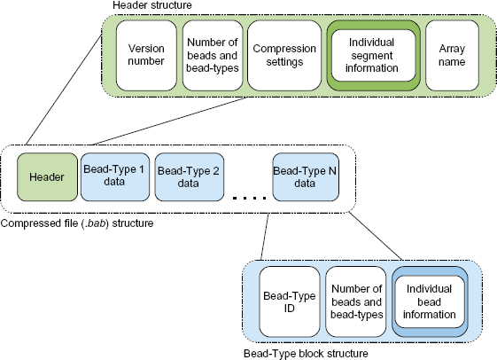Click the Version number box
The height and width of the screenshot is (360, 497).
[x=146, y=56]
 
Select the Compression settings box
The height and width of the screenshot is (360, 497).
[x=284, y=56]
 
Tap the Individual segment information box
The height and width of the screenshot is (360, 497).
[x=373, y=56]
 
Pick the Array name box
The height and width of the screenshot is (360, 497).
[x=452, y=56]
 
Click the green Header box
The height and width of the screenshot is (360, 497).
[x=47, y=177]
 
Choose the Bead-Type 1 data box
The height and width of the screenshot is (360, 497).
[x=115, y=177]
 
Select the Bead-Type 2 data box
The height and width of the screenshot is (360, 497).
[x=190, y=177]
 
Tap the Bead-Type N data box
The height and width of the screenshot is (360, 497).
[x=306, y=177]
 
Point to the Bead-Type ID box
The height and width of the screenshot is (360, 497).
[x=290, y=301]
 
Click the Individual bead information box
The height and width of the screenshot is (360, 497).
[x=430, y=301]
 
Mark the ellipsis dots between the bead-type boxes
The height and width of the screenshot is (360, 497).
[x=250, y=199]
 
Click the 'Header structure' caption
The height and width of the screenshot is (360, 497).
[x=152, y=5]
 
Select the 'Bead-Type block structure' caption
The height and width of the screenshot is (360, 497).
[x=306, y=353]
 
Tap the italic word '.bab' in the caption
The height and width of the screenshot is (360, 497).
[x=96, y=223]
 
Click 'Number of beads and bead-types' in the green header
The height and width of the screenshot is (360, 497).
[x=213, y=55]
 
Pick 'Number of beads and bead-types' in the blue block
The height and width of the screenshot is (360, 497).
[x=357, y=301]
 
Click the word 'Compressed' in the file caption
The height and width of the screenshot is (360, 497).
[x=29, y=223]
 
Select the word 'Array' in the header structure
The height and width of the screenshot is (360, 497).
[x=452, y=49]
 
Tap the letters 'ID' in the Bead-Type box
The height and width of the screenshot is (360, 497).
[x=290, y=308]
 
